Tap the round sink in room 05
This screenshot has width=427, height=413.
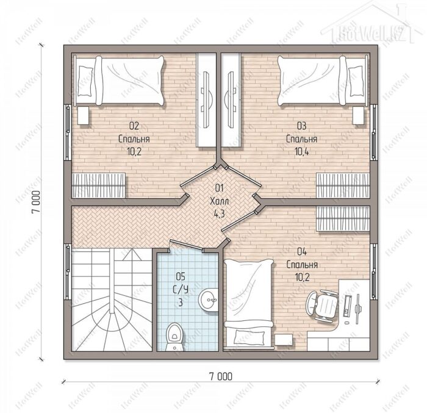(x=209, y=300)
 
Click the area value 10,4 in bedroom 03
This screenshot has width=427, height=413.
(x=302, y=152)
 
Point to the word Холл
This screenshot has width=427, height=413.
(x=220, y=201)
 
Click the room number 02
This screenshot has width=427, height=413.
(x=134, y=126)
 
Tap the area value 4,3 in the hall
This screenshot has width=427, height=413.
(x=219, y=214)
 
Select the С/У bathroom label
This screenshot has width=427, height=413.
(x=181, y=289)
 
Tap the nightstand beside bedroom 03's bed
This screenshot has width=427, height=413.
(x=359, y=115)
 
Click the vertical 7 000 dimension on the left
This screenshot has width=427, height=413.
(x=37, y=202)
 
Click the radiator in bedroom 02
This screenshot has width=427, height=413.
(x=98, y=185)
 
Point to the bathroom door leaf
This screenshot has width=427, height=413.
(x=186, y=245)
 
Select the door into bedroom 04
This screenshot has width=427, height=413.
(x=239, y=221)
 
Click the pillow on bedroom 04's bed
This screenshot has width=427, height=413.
(x=247, y=336)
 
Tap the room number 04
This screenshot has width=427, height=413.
(x=302, y=252)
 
